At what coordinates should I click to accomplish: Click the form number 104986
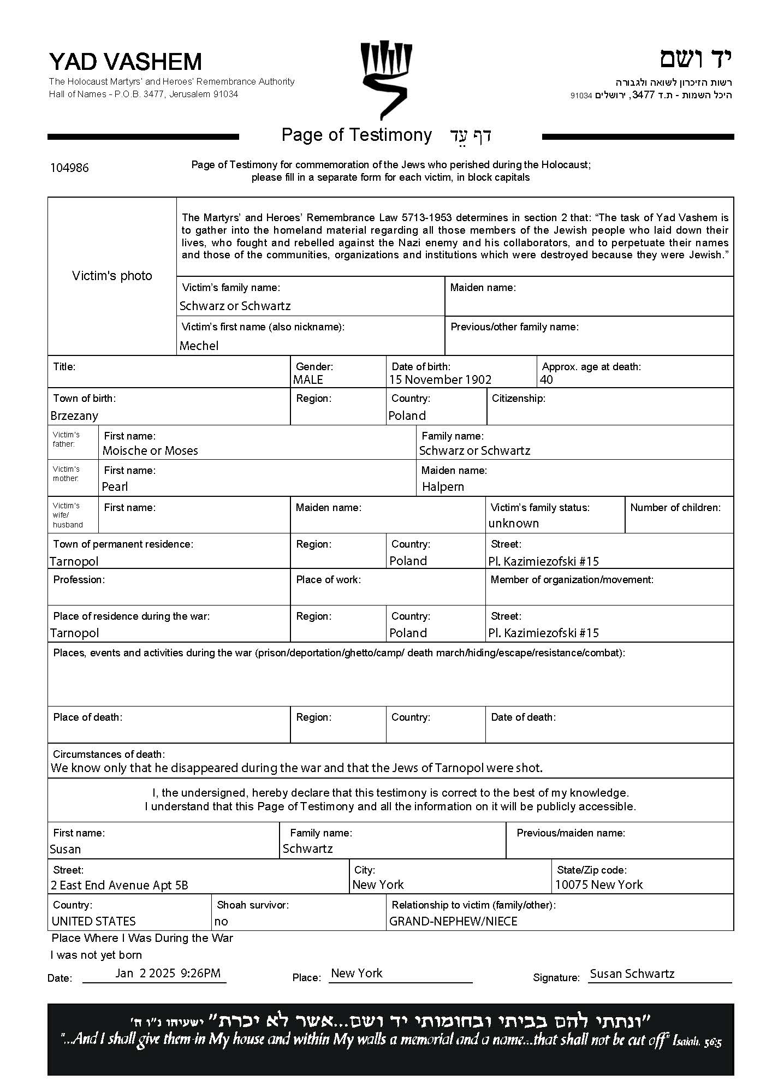pyautogui.click(x=69, y=168)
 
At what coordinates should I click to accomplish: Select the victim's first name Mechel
pyautogui.click(x=199, y=346)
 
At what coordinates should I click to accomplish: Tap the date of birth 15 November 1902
pyautogui.click(x=440, y=379)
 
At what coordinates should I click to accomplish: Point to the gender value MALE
pyautogui.click(x=308, y=379)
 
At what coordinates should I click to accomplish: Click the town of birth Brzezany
pyautogui.click(x=74, y=416)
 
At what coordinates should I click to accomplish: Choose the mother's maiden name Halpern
pyautogui.click(x=443, y=486)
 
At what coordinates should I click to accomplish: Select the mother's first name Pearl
pyautogui.click(x=115, y=486)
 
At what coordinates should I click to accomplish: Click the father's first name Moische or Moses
pyautogui.click(x=150, y=450)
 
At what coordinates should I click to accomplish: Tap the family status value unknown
pyautogui.click(x=513, y=523)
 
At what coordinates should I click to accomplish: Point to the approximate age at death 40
pyautogui.click(x=546, y=379)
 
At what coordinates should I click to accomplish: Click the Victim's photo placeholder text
pyautogui.click(x=112, y=276)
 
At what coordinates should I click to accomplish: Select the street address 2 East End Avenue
pyautogui.click(x=119, y=885)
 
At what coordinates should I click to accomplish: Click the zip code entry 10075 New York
pyautogui.click(x=599, y=885)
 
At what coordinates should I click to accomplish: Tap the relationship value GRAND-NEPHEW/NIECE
pyautogui.click(x=453, y=921)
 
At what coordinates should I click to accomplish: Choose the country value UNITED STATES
pyautogui.click(x=93, y=921)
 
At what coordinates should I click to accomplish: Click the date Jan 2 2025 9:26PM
pyautogui.click(x=168, y=973)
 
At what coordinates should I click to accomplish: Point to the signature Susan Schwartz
pyautogui.click(x=632, y=974)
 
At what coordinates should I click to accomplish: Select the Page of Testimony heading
pyautogui.click(x=357, y=135)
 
